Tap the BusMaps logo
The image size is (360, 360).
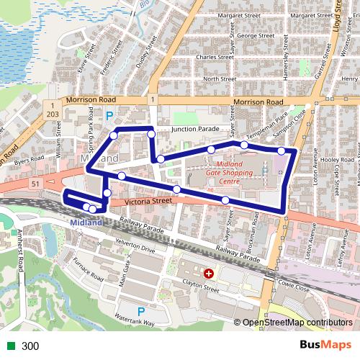(x=325, y=345)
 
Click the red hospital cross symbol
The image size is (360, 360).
(x=209, y=274)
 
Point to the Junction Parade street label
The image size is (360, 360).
(x=194, y=130)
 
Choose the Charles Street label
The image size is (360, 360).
(x=215, y=57)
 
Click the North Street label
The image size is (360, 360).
(x=220, y=78)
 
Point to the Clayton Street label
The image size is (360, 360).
(x=201, y=288)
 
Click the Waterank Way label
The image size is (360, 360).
(x=134, y=323)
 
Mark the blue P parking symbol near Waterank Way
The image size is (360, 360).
(x=141, y=311)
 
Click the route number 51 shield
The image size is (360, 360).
(x=35, y=184)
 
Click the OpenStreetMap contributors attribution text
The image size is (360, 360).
(x=297, y=323)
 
